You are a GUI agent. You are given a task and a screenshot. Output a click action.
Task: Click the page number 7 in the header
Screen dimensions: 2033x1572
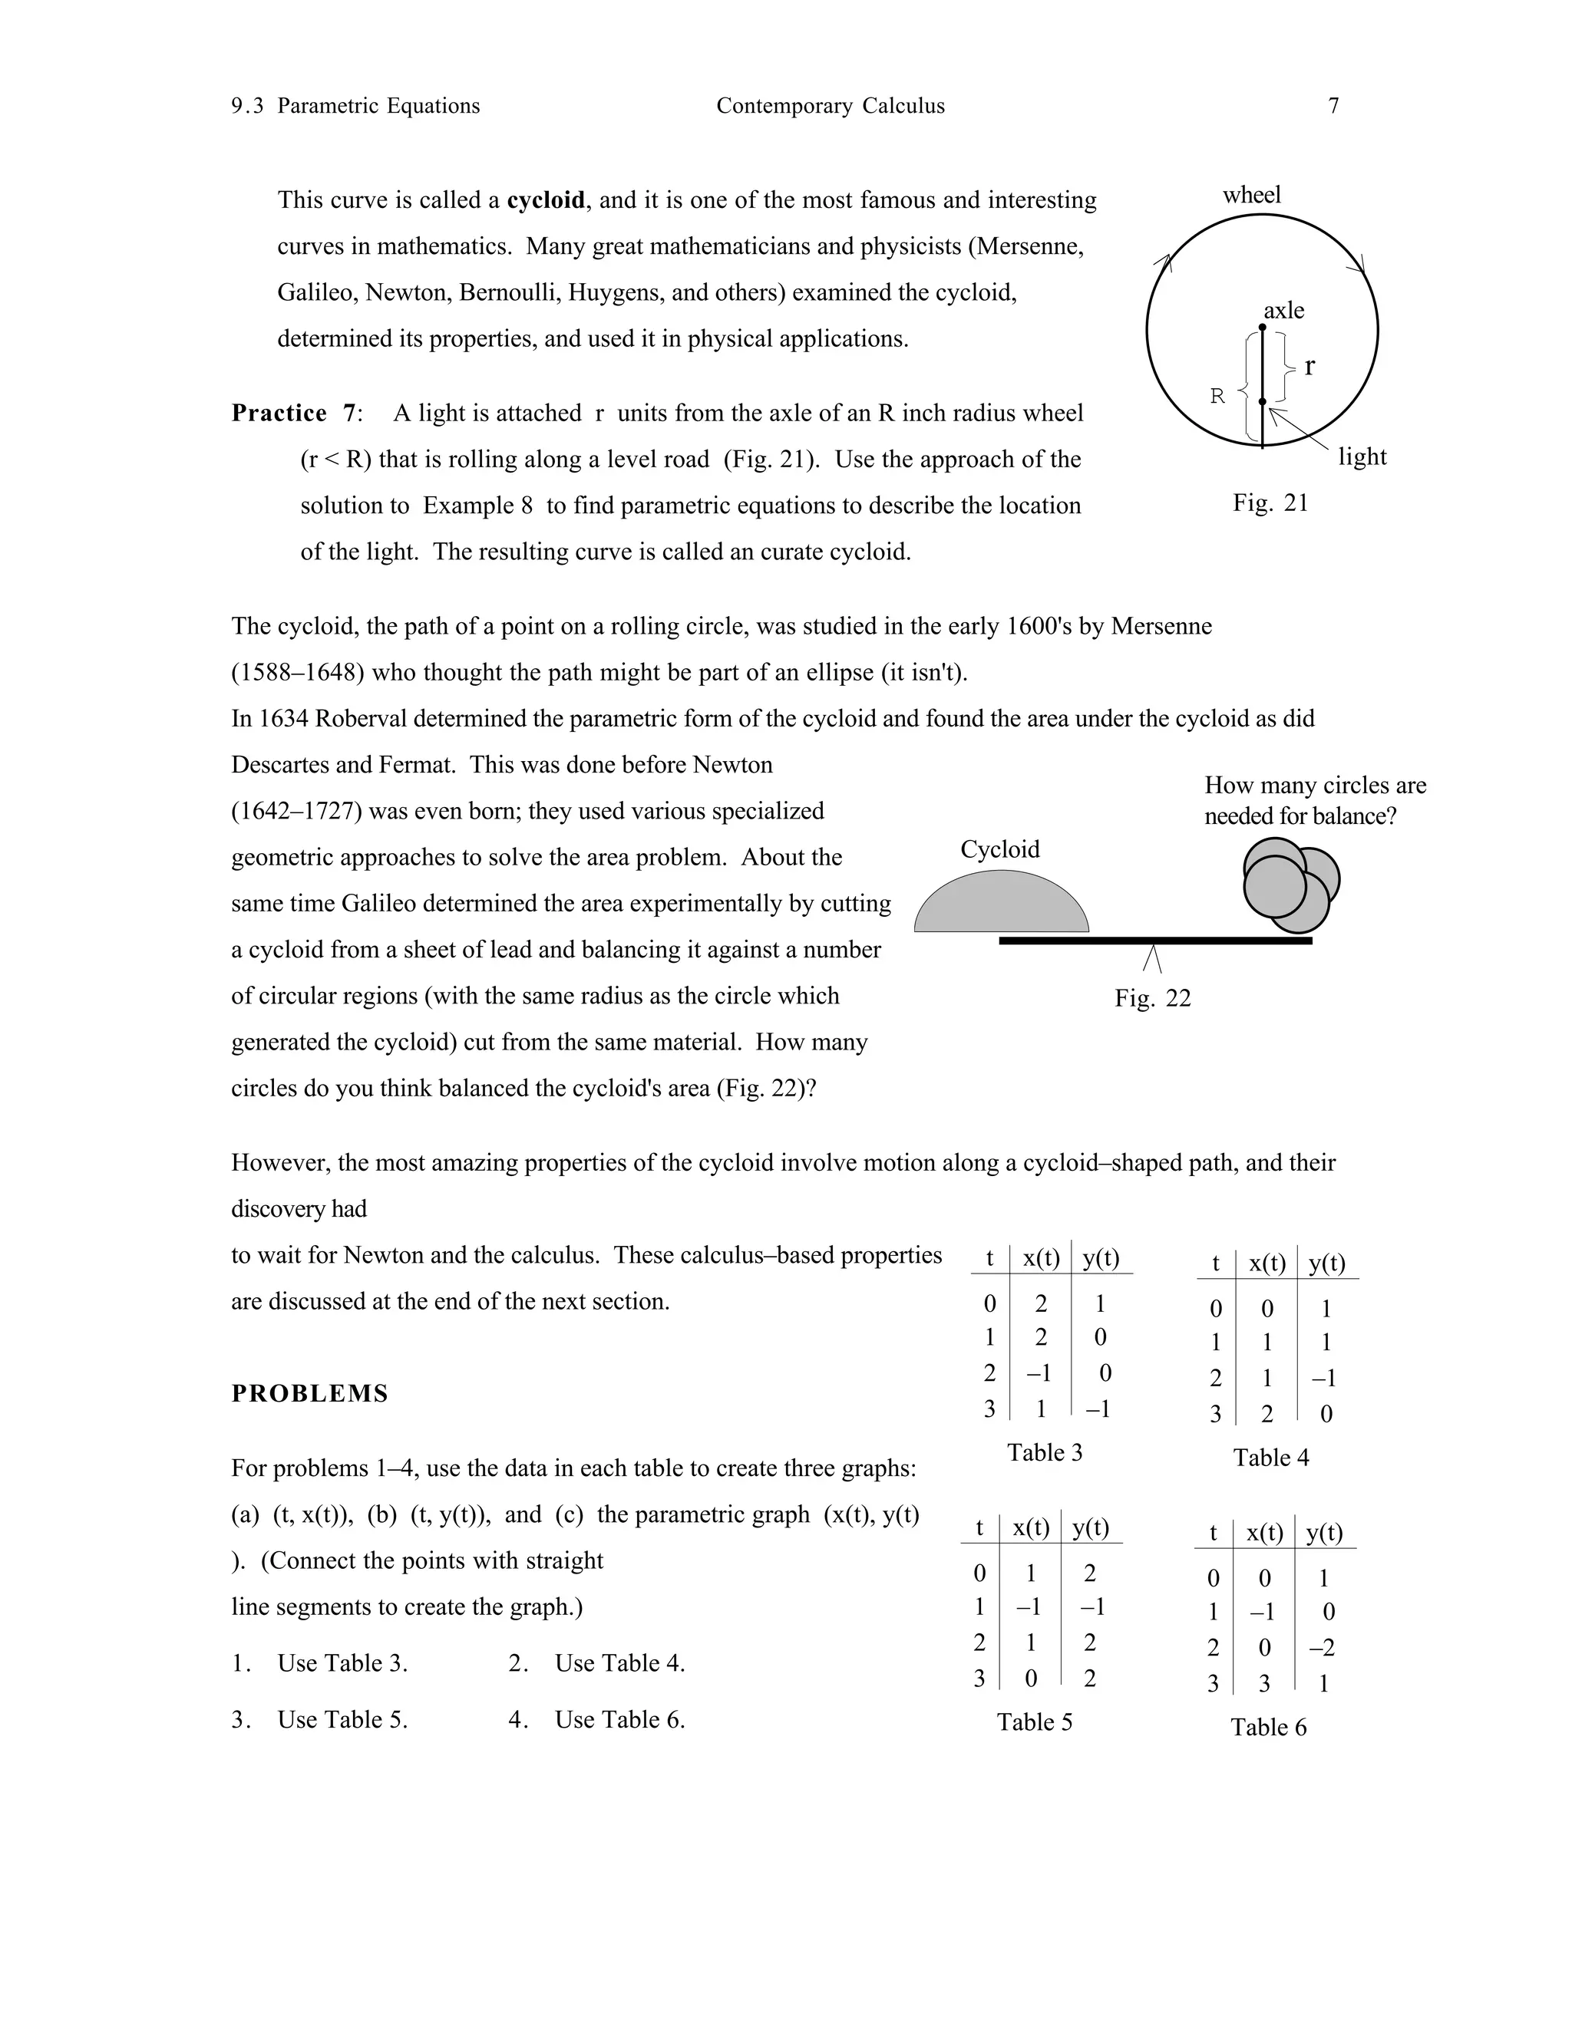pos(1333,106)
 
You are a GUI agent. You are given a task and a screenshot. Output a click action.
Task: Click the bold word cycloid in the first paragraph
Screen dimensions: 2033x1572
pos(546,200)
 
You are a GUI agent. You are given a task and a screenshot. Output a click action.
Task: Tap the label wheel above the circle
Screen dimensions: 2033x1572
pos(1252,195)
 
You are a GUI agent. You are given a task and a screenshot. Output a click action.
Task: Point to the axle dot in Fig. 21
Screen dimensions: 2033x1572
pos(1262,328)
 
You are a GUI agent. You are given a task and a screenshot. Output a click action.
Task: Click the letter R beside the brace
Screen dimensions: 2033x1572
pos(1217,397)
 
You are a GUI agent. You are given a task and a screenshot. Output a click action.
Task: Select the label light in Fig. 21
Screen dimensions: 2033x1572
pos(1362,457)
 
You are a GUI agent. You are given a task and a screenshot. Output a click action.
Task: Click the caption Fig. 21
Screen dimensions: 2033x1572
pos(1270,502)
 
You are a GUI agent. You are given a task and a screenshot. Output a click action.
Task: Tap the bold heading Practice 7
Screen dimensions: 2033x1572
pos(294,413)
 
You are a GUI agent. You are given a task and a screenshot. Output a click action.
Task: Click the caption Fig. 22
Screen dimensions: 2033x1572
pos(1153,998)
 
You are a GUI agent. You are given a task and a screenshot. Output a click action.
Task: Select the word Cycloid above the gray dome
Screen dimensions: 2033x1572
pos(999,849)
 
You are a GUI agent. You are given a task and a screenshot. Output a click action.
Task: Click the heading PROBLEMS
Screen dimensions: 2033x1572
pos(310,1393)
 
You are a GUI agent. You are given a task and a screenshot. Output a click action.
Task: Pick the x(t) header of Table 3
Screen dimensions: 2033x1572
pos(1040,1258)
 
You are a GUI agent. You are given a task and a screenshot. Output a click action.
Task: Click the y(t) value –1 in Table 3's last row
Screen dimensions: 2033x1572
pos(1099,1409)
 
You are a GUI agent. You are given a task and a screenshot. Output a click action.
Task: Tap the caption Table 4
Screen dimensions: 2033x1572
pos(1270,1458)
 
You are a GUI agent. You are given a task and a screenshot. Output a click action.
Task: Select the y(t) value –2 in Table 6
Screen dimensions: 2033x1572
pos(1322,1649)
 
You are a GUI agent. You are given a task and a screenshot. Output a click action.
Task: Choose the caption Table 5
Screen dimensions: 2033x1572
pos(1034,1722)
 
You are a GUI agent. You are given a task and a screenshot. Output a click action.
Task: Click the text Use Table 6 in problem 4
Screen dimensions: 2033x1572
pos(619,1720)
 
